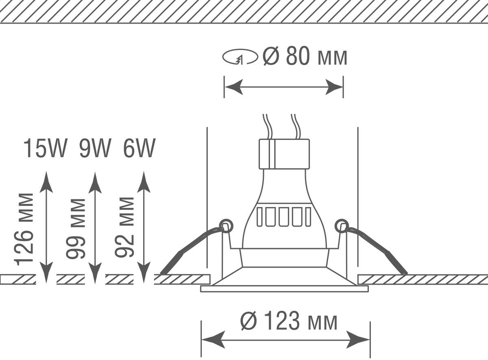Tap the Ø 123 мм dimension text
289,321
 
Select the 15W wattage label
45,148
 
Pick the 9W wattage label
95,148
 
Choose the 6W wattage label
139,148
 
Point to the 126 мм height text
24,229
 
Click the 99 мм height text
76,229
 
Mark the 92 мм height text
124,227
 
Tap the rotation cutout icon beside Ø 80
240,57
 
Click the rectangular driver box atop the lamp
284,154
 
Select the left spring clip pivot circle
226,226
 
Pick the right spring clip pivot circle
342,226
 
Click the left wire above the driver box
268,127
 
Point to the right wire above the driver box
296,127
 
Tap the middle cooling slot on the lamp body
284,217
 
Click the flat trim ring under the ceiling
285,289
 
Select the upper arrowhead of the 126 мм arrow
46,182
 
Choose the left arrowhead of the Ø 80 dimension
234,87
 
